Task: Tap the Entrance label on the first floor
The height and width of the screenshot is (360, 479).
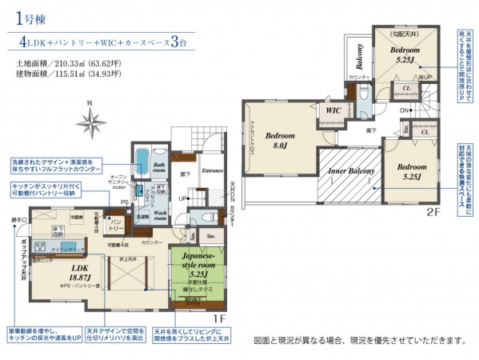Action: click(x=211, y=170)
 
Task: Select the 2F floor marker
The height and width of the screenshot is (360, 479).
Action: click(x=432, y=212)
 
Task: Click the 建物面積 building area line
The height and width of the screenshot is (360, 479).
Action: click(x=68, y=74)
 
